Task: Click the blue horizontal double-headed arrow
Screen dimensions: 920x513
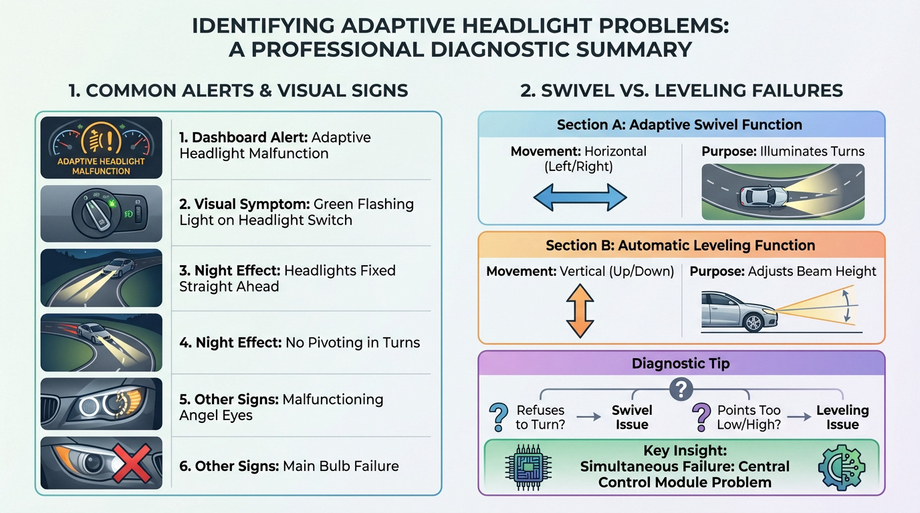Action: pyautogui.click(x=580, y=198)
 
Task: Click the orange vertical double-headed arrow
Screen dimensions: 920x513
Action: pyautogui.click(x=580, y=311)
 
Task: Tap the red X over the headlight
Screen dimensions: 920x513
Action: pyautogui.click(x=132, y=464)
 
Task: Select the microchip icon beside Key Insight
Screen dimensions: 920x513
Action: pyautogui.click(x=528, y=467)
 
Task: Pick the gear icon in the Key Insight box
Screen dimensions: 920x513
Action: pyautogui.click(x=842, y=468)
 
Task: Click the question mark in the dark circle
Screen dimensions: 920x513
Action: pyautogui.click(x=681, y=389)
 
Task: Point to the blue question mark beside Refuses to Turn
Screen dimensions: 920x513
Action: pyautogui.click(x=499, y=417)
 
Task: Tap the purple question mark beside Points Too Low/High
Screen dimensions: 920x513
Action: pyautogui.click(x=701, y=417)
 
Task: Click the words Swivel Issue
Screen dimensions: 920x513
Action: pyautogui.click(x=632, y=417)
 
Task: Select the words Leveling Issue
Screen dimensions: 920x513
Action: pyautogui.click(x=842, y=417)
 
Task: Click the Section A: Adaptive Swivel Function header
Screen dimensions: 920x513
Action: pyautogui.click(x=679, y=124)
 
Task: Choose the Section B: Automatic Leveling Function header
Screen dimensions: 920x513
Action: pyautogui.click(x=680, y=245)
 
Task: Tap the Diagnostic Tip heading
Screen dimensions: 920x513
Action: pyautogui.click(x=681, y=363)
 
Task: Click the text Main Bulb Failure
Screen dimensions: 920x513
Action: pyautogui.click(x=340, y=466)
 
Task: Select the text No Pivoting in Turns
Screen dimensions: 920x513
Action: pyautogui.click(x=352, y=342)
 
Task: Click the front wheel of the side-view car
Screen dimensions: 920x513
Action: pyautogui.click(x=754, y=323)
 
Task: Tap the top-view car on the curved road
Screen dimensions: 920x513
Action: pyautogui.click(x=764, y=195)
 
